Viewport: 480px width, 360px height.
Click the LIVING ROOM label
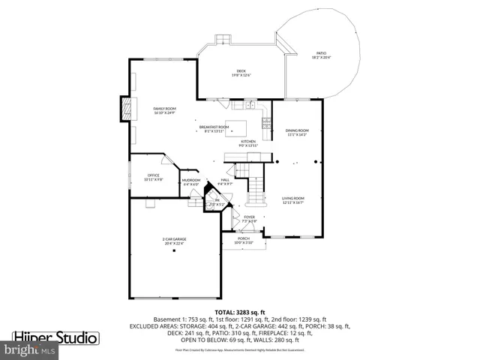[x=292, y=199]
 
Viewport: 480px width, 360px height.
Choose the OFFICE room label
[x=153, y=177]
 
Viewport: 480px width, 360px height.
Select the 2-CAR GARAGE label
[x=174, y=241]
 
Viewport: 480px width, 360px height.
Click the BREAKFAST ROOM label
[x=214, y=128]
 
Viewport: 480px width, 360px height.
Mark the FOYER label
[x=249, y=218]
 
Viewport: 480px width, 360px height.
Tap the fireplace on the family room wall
[x=125, y=109]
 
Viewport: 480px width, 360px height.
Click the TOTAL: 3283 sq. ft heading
[x=239, y=311]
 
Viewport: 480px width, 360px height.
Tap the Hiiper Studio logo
[x=56, y=337]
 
